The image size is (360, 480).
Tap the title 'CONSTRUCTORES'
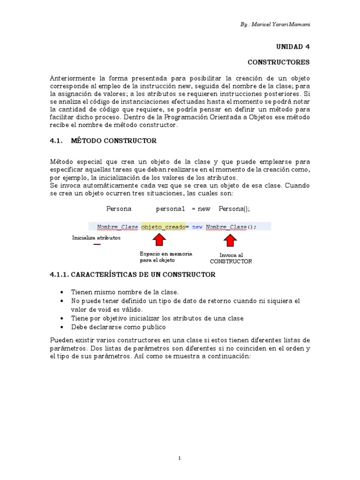(x=278, y=62)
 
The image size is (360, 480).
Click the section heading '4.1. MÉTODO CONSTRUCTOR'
(x=103, y=141)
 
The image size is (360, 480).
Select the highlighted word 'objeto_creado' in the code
(x=163, y=227)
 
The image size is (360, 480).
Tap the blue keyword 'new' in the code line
(x=197, y=227)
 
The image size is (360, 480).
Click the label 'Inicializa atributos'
(x=96, y=238)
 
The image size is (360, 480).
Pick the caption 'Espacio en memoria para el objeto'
(x=159, y=257)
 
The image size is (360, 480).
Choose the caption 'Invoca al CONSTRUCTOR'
(x=231, y=258)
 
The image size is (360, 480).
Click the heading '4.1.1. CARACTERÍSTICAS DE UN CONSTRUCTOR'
(x=133, y=275)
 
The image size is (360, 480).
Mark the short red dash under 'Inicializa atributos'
(x=97, y=244)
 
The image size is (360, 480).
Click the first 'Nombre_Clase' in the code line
(x=118, y=227)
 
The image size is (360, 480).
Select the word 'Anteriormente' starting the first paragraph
(x=71, y=77)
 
